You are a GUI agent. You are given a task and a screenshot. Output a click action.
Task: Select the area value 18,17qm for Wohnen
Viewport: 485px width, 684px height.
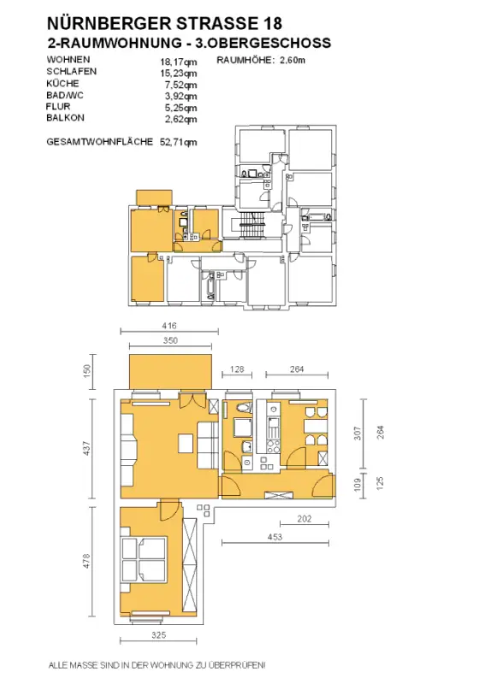click(x=178, y=62)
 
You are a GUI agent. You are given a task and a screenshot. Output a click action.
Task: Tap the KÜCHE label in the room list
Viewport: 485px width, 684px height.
click(x=62, y=83)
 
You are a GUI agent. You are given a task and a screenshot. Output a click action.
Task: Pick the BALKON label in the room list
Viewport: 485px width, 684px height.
click(x=66, y=118)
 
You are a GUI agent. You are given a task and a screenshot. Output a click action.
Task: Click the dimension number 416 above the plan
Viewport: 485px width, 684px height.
click(x=169, y=326)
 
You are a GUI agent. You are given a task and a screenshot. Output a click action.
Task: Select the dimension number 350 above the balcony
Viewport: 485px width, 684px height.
click(x=170, y=340)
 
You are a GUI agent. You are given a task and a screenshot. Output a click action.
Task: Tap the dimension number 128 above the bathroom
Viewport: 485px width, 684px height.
click(x=237, y=369)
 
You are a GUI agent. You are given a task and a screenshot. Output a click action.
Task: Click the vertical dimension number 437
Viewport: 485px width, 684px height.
click(x=86, y=448)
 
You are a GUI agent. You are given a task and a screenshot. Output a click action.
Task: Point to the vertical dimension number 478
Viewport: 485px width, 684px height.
click(x=86, y=561)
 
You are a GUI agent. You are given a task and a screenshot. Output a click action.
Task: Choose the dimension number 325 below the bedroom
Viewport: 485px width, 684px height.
click(x=158, y=635)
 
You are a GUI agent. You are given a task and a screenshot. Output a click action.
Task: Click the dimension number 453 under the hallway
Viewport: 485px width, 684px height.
click(x=275, y=537)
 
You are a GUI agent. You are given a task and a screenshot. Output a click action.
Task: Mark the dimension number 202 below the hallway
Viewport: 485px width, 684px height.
click(x=304, y=519)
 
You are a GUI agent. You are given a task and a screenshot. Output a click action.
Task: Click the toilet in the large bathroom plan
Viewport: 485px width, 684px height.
click(x=244, y=409)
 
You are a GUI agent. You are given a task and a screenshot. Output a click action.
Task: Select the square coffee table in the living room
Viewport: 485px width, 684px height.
click(x=186, y=444)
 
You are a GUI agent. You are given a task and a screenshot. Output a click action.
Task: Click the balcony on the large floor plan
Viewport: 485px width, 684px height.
click(x=171, y=371)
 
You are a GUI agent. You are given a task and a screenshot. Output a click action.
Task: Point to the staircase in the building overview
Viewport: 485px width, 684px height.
click(x=251, y=225)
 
